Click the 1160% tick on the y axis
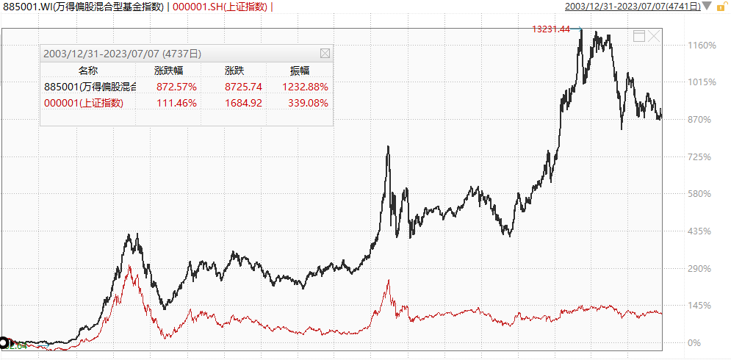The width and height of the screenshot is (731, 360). [702, 46]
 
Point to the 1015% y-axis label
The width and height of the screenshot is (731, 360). [702, 82]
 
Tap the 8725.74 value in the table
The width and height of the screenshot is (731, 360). [242, 87]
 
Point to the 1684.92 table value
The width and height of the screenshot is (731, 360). [242, 103]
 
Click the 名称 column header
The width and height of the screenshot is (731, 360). [87, 71]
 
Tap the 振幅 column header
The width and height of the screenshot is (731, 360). [300, 71]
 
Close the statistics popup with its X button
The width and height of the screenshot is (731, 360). [325, 54]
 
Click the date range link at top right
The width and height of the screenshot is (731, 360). [632, 7]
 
